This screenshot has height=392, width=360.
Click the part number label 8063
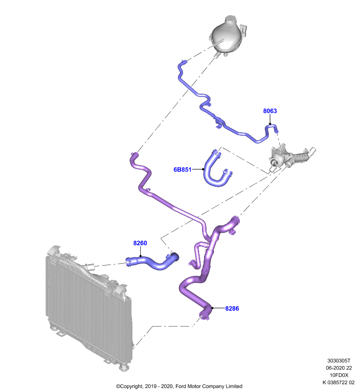point(270,111)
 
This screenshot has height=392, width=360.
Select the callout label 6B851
point(182,170)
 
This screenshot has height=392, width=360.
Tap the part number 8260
point(140,243)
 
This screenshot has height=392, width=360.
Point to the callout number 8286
point(232,309)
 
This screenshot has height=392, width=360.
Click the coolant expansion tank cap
point(231,20)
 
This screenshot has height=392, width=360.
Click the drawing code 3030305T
point(339,361)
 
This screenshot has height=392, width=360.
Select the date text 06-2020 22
point(339,368)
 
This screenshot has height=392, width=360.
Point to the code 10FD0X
point(339,375)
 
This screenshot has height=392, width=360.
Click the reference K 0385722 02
point(338,382)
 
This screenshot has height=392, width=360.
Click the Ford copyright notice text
point(179,386)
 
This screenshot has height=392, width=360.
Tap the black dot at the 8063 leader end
point(270,124)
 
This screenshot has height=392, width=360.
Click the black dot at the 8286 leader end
point(212,308)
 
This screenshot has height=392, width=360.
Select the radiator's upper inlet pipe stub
point(90,267)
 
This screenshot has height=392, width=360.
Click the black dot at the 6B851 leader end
point(203,169)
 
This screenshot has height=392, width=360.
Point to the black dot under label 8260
point(140,256)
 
